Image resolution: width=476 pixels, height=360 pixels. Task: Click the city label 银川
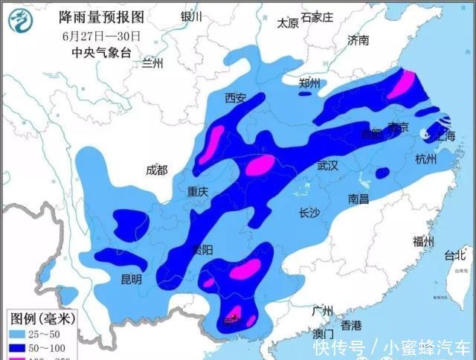pyautogui.click(x=191, y=17)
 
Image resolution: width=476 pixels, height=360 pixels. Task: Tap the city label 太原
pyautogui.click(x=288, y=23)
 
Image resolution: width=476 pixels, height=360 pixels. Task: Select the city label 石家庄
pyautogui.click(x=318, y=17)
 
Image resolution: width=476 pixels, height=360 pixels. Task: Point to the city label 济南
pyautogui.click(x=358, y=40)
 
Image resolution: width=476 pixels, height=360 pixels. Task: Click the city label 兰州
pyautogui.click(x=153, y=63)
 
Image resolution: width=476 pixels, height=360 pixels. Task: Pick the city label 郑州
pyautogui.click(x=309, y=83)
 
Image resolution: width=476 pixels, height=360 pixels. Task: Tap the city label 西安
pyautogui.click(x=236, y=97)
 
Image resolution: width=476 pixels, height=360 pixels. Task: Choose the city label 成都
pyautogui.click(x=157, y=170)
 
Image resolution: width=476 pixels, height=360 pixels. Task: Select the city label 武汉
pyautogui.click(x=327, y=166)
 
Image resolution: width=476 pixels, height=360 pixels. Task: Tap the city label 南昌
pyautogui.click(x=358, y=199)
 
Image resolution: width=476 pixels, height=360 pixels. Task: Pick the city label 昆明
pyautogui.click(x=131, y=280)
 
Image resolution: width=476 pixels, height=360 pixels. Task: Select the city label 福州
pyautogui.click(x=423, y=241)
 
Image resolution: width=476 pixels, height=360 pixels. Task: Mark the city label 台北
pyautogui.click(x=454, y=256)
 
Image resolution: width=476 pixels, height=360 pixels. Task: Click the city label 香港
pyautogui.click(x=351, y=325)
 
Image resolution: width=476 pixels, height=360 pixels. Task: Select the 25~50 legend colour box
pyautogui.click(x=19, y=334)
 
